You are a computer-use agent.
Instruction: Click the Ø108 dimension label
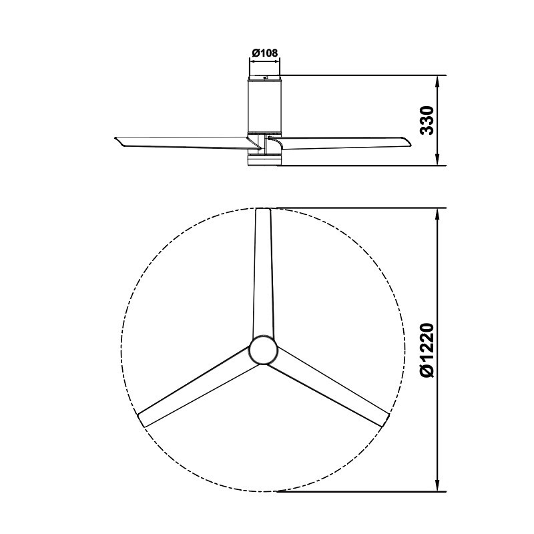[264, 53]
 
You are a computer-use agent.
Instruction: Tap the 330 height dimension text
[427, 120]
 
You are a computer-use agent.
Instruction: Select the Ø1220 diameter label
[427, 350]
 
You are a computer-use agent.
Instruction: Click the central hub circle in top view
[263, 350]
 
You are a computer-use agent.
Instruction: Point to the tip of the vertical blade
[263, 210]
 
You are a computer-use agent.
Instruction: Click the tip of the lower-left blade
[141, 421]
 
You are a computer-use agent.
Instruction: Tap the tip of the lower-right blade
[385, 421]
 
